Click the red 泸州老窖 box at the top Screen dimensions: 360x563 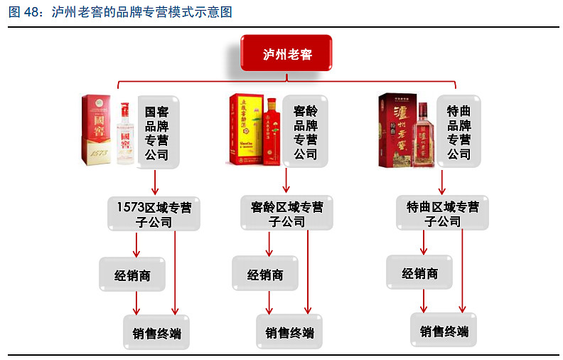(286, 53)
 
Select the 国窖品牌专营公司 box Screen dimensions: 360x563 (156, 133)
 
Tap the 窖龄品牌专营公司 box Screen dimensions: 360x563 (306, 133)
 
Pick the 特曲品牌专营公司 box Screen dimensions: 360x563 (459, 133)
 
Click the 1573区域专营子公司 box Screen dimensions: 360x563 (154, 214)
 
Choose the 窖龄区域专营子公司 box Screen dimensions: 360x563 (286, 214)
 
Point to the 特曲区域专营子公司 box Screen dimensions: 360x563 (442, 214)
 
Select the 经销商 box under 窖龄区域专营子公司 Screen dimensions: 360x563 (265, 275)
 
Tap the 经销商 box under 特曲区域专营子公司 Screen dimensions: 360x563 (419, 273)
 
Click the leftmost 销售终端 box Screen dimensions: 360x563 (162, 333)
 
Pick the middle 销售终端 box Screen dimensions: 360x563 (289, 333)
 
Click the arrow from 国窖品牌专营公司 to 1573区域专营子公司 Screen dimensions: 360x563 (155, 182)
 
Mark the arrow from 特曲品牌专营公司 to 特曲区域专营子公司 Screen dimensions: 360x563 (441, 182)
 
